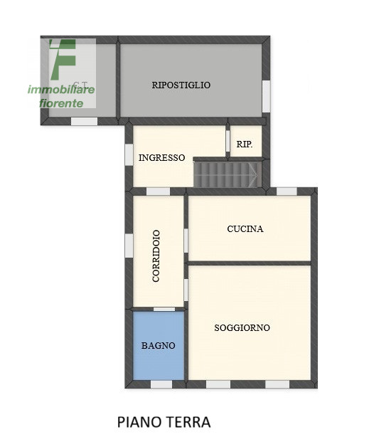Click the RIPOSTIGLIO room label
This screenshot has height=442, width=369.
[x=181, y=85]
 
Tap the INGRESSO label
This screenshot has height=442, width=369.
[x=161, y=158]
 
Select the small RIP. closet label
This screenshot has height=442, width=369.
[x=244, y=144]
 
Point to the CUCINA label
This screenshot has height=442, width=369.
[x=245, y=229]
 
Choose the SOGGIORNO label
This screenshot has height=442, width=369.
[x=242, y=328]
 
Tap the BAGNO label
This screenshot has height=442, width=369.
[x=158, y=346]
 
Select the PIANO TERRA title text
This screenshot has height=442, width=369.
[x=164, y=422]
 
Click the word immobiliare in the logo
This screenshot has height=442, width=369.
[x=61, y=90]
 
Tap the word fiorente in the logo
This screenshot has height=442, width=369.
[x=61, y=103]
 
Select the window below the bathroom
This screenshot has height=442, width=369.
[x=161, y=384]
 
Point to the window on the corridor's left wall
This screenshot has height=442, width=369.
[x=129, y=246]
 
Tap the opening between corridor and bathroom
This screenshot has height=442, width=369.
[x=164, y=309]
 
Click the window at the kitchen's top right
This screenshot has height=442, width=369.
[x=287, y=191]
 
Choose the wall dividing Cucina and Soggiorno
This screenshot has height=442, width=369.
[x=249, y=263]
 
